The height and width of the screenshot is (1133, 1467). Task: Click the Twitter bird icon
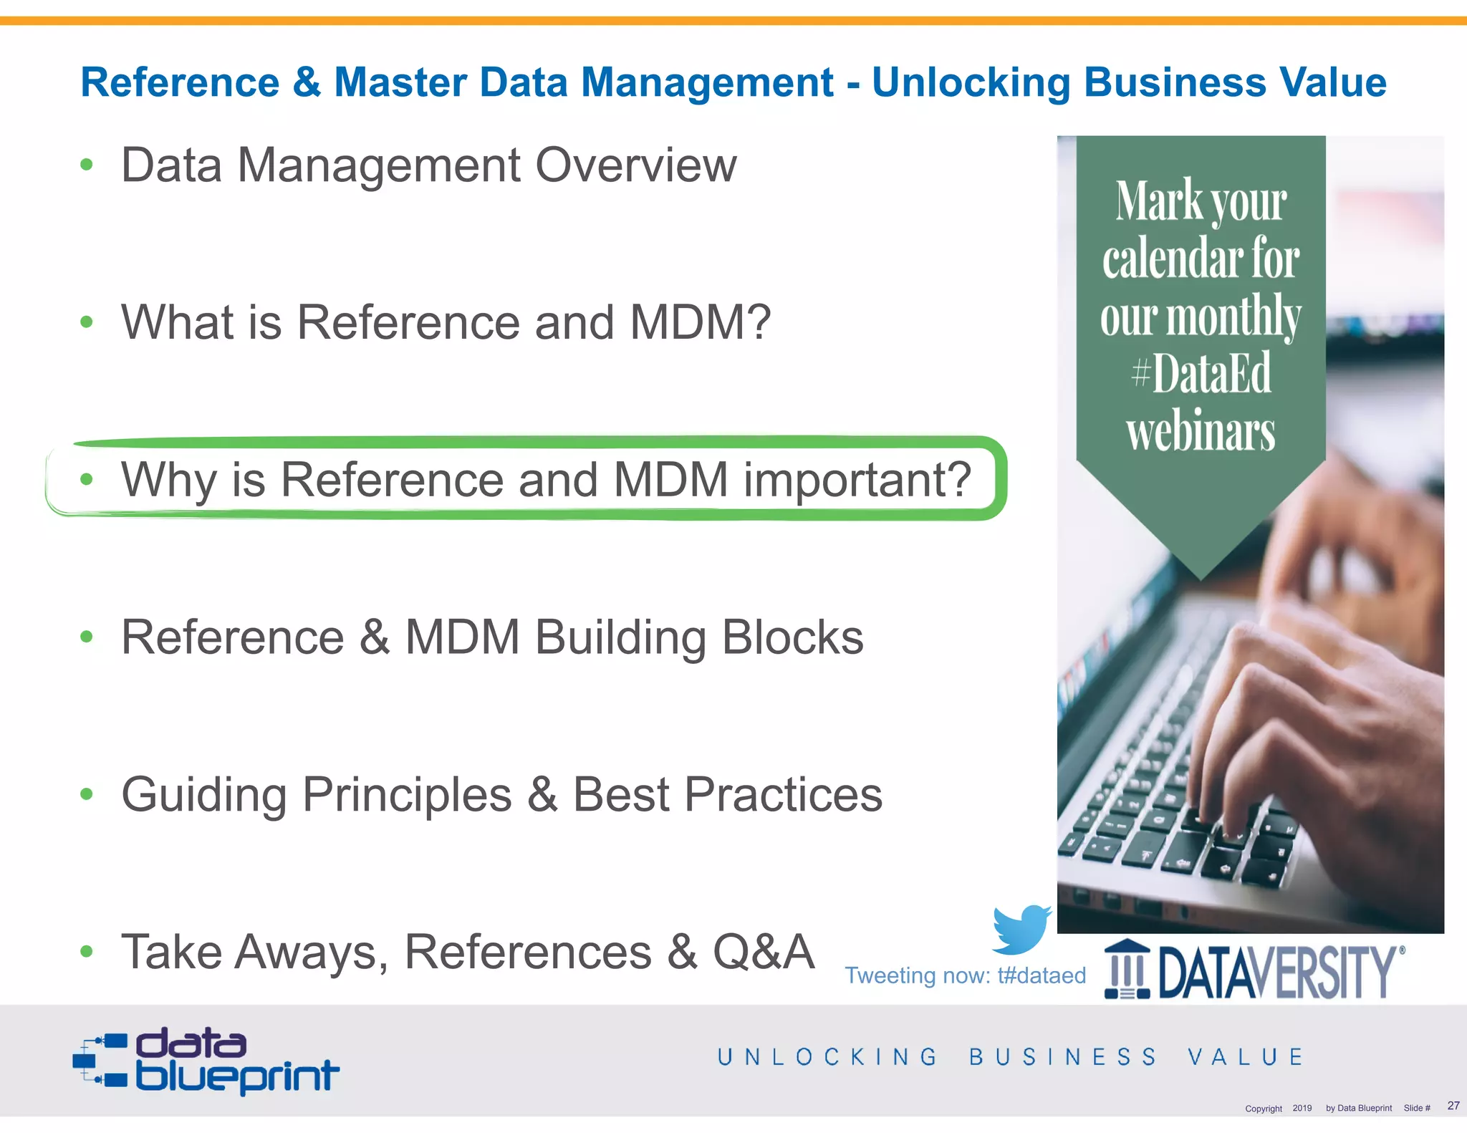(1021, 929)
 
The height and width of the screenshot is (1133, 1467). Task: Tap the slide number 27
(1453, 1106)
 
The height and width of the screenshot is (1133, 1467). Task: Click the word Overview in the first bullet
(635, 165)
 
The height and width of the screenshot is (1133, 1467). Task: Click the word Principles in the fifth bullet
(406, 794)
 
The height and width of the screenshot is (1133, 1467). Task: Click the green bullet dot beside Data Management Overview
(87, 165)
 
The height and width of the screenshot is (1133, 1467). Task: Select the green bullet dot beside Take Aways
(87, 952)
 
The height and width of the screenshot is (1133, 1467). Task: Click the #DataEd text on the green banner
(1201, 373)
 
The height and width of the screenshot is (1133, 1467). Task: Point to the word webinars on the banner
(1201, 432)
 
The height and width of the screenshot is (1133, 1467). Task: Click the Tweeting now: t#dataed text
(965, 975)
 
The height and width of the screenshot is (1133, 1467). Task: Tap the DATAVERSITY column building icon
(1127, 970)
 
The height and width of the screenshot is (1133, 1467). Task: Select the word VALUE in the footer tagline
(1246, 1057)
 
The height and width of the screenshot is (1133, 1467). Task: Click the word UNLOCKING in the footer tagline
(827, 1057)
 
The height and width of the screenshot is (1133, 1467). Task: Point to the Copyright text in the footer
(1263, 1109)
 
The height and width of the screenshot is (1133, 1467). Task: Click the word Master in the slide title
(400, 82)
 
